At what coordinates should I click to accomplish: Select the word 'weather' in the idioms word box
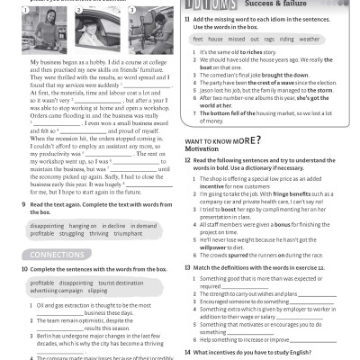pos(309,40)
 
